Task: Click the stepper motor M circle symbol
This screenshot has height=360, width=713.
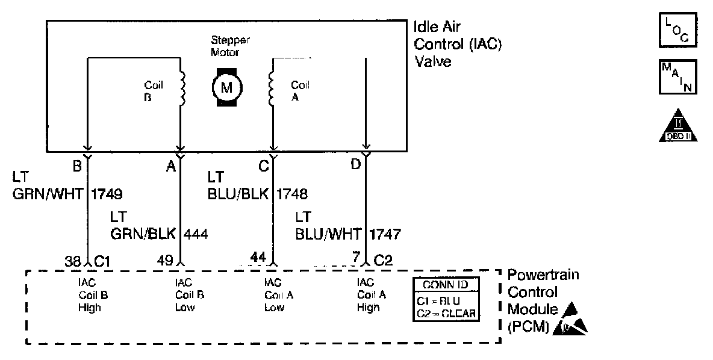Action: coord(226,87)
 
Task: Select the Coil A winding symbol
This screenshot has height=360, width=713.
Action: coord(272,87)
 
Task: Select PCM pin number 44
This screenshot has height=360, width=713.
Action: coord(258,258)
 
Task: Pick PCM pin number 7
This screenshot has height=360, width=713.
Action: coord(356,259)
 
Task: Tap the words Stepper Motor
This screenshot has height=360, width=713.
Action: coord(230,46)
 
